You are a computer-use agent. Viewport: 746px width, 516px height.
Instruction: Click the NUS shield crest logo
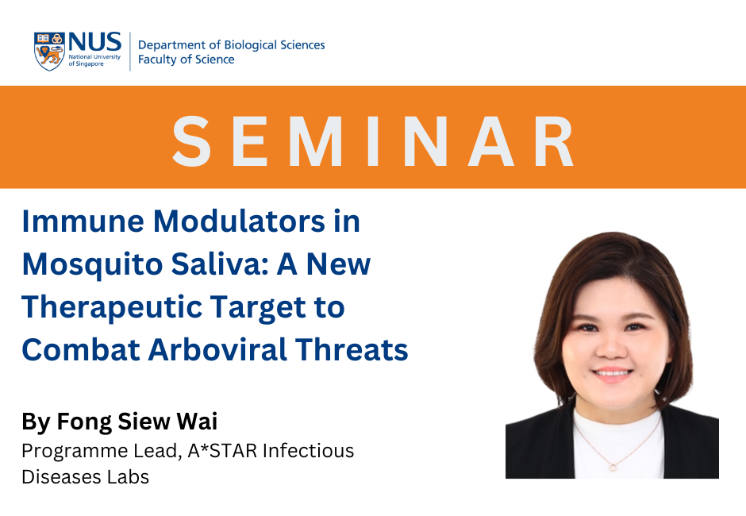coord(49,52)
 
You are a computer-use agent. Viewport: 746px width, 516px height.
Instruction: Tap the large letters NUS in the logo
coord(95,42)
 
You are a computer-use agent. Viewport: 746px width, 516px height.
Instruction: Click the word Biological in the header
coord(250,45)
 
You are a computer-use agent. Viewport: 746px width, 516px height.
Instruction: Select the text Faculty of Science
coord(186,60)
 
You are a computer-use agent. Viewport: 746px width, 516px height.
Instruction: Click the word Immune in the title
coord(82,221)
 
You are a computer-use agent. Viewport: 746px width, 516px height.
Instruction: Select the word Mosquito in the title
coord(92,264)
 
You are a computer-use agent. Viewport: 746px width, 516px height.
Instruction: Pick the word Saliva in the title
coord(221,264)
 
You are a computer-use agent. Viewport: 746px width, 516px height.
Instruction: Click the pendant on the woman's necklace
coord(613,467)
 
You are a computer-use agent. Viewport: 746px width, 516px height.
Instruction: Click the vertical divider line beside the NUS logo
coord(130,52)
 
